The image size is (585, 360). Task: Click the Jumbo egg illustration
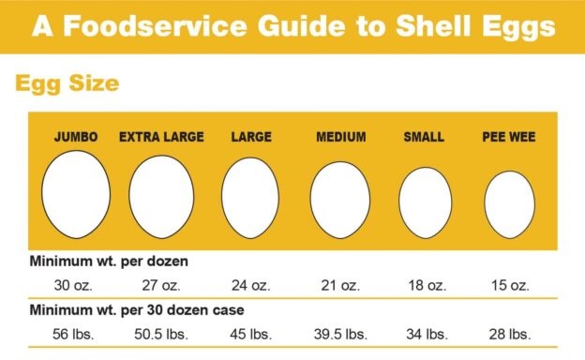pyautogui.click(x=76, y=193)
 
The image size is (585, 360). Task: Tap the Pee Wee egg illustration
pyautogui.click(x=509, y=203)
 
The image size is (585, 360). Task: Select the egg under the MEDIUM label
pyautogui.click(x=340, y=199)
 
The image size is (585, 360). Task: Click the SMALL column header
pyautogui.click(x=424, y=137)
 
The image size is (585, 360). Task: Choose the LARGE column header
pyautogui.click(x=251, y=137)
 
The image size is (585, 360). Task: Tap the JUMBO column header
pyautogui.click(x=76, y=137)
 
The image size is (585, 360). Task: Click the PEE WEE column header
pyautogui.click(x=509, y=137)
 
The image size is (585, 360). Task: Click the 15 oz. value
pyautogui.click(x=509, y=285)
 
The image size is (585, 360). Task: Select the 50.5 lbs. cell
pyautogui.click(x=161, y=333)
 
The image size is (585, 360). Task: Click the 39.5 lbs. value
pyautogui.click(x=340, y=333)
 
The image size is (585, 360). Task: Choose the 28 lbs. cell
pyautogui.click(x=509, y=333)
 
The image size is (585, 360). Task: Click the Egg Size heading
pyautogui.click(x=67, y=83)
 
